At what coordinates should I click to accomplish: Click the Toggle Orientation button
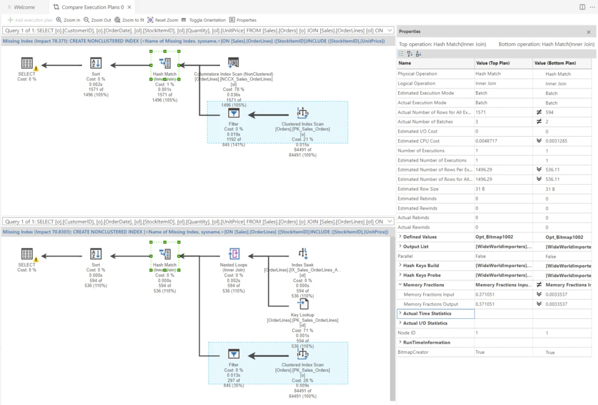click(203, 20)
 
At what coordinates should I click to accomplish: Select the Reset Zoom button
click(163, 20)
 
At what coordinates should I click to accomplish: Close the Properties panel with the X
click(589, 32)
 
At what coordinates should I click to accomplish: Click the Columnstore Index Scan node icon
click(233, 63)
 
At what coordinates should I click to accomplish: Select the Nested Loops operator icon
click(234, 253)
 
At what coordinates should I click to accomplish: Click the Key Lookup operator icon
click(303, 304)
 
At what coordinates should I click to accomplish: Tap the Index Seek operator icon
click(303, 253)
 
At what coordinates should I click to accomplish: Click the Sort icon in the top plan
click(96, 63)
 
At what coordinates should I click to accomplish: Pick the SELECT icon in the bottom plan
click(27, 253)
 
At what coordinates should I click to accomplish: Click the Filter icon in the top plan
click(233, 114)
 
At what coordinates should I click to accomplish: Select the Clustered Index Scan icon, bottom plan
click(303, 354)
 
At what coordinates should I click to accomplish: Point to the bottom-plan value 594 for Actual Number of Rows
click(550, 112)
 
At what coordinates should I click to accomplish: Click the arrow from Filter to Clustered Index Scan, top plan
click(268, 114)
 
